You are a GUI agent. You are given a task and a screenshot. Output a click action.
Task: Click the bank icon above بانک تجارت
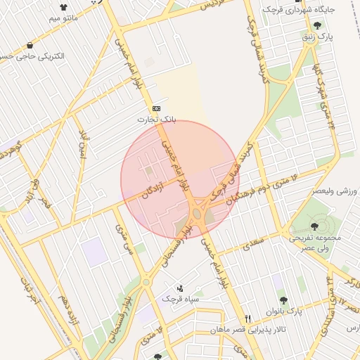click(156, 108)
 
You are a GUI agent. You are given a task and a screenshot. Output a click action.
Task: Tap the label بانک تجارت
click(155, 120)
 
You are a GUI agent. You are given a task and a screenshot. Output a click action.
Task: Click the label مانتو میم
click(53, 19)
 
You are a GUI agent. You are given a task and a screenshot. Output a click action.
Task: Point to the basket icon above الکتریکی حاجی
click(32, 44)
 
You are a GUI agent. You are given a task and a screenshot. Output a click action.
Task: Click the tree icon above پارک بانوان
click(283, 300)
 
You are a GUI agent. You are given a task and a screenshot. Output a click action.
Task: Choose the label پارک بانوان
click(284, 311)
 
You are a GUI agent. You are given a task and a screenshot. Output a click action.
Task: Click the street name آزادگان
click(154, 190)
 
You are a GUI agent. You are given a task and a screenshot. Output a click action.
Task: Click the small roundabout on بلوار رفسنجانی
click(146, 282)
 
